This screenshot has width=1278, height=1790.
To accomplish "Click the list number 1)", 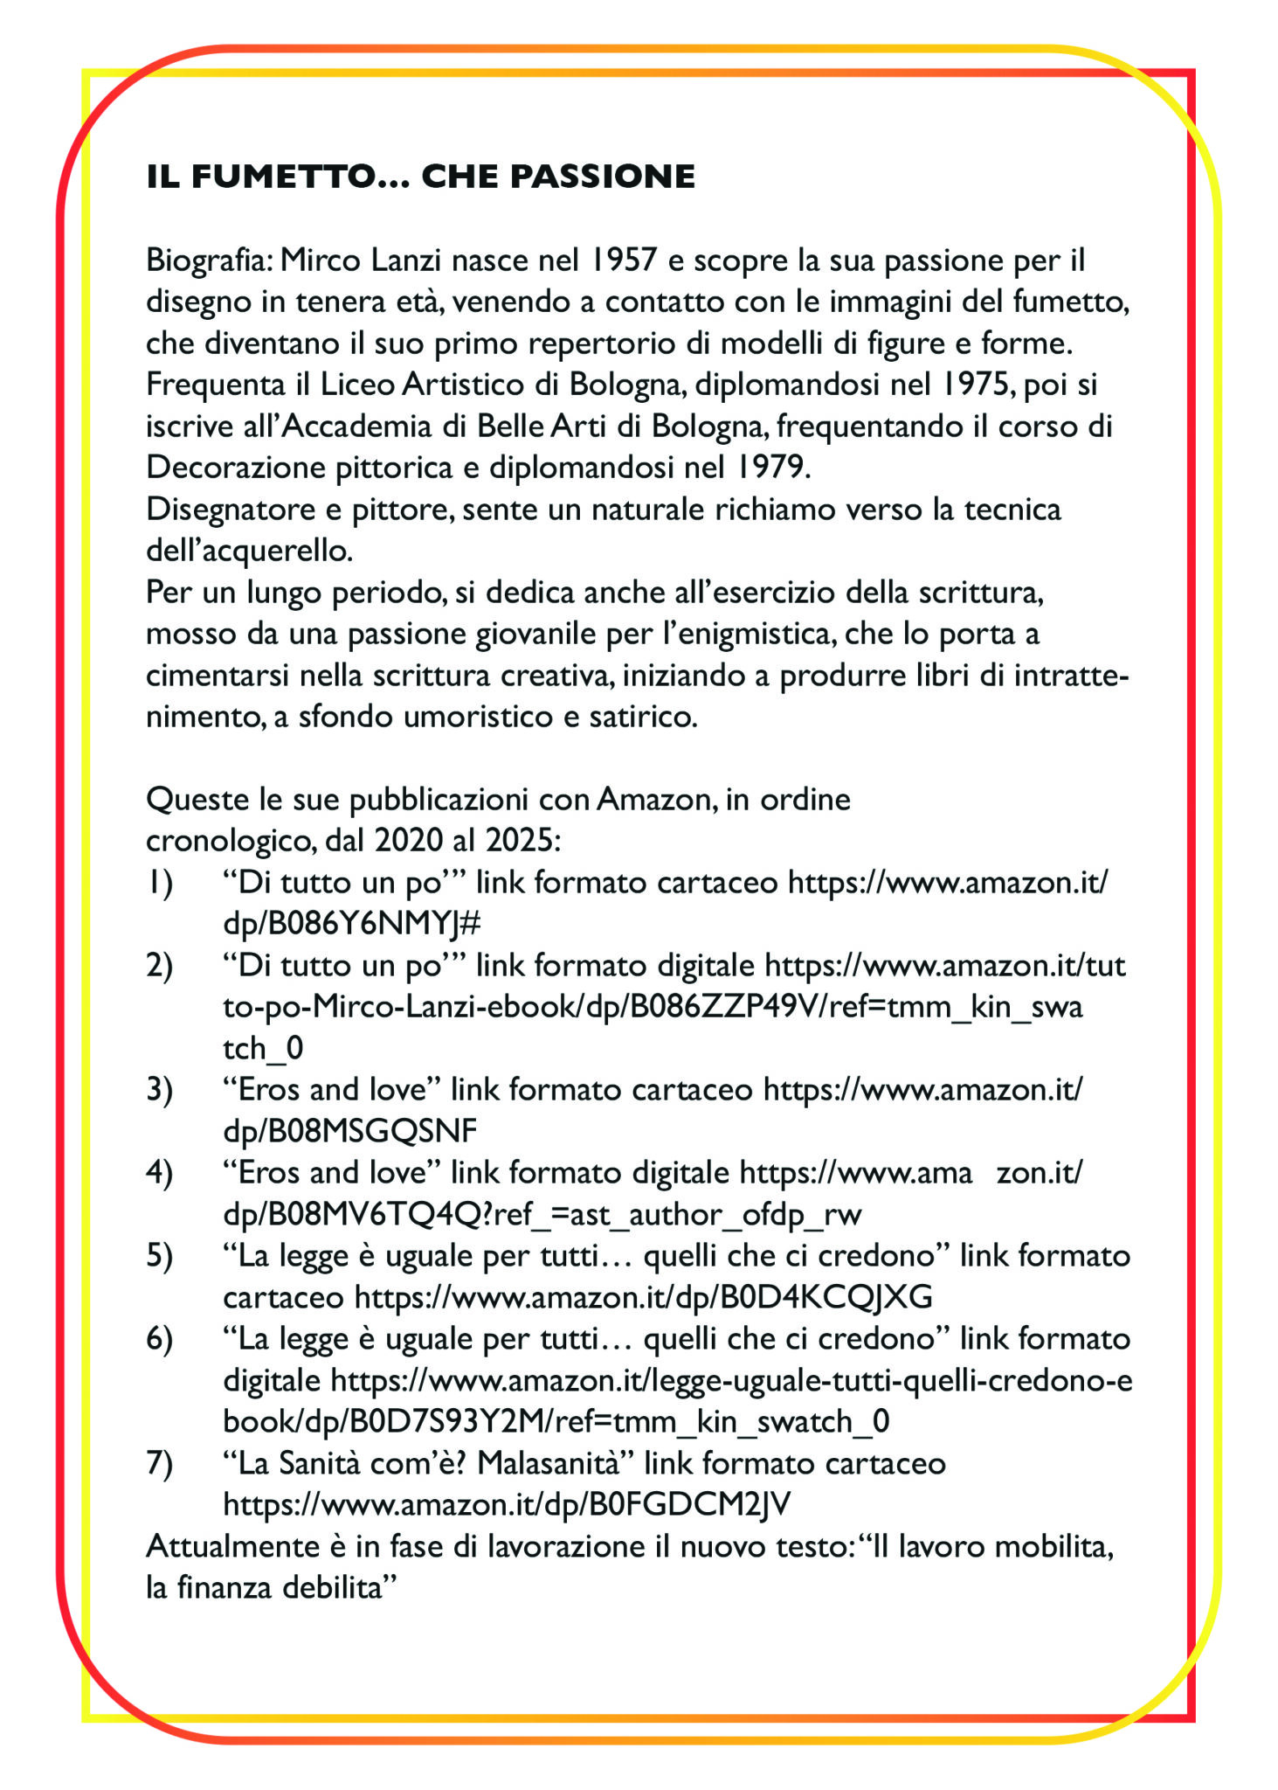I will coord(159,883).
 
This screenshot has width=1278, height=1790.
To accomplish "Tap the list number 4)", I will coord(159,1173).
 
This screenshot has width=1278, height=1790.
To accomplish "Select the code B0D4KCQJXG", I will coord(826,1297).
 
